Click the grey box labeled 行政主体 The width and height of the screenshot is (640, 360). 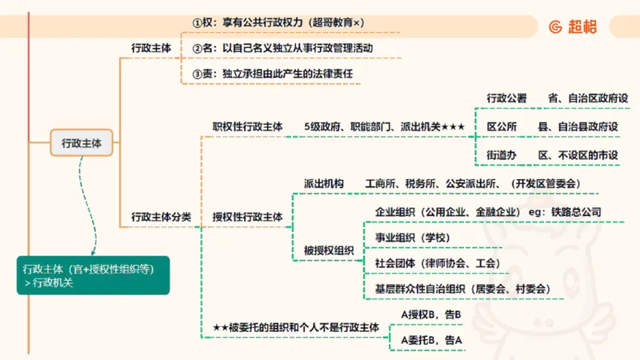(82, 144)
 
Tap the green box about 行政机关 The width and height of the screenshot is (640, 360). (93, 275)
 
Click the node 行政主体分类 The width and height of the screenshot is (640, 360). (161, 217)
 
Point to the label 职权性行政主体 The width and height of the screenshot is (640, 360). (247, 126)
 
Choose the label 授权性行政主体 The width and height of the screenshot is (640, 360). (247, 217)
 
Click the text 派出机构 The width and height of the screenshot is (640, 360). (324, 184)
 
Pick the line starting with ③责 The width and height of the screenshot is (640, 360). (273, 74)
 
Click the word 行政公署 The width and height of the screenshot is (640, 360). (507, 98)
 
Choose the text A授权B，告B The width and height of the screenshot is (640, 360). (431, 314)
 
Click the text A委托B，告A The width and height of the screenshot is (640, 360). (431, 340)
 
